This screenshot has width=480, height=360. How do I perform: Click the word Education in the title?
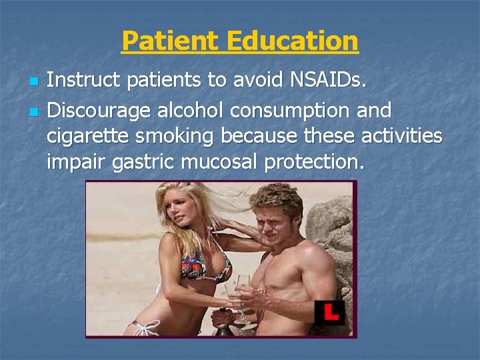click(x=293, y=41)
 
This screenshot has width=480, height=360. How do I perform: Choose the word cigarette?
click(x=89, y=135)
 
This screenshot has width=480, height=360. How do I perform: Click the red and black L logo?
click(x=329, y=313)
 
